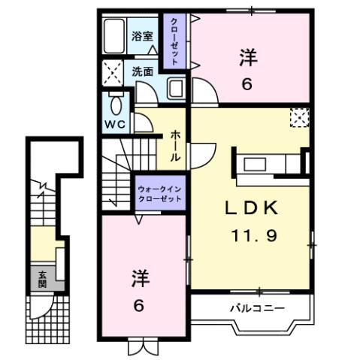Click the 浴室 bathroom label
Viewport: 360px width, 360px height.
tap(143, 35)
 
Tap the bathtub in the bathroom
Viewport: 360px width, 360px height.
tap(116, 35)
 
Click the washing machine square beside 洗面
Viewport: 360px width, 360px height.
tap(114, 74)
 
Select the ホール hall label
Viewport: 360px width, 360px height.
tap(175, 142)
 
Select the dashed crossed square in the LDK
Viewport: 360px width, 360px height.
tap(299, 117)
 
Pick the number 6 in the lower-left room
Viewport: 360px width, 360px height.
tap(141, 307)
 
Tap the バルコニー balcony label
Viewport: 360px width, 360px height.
tap(256, 308)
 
